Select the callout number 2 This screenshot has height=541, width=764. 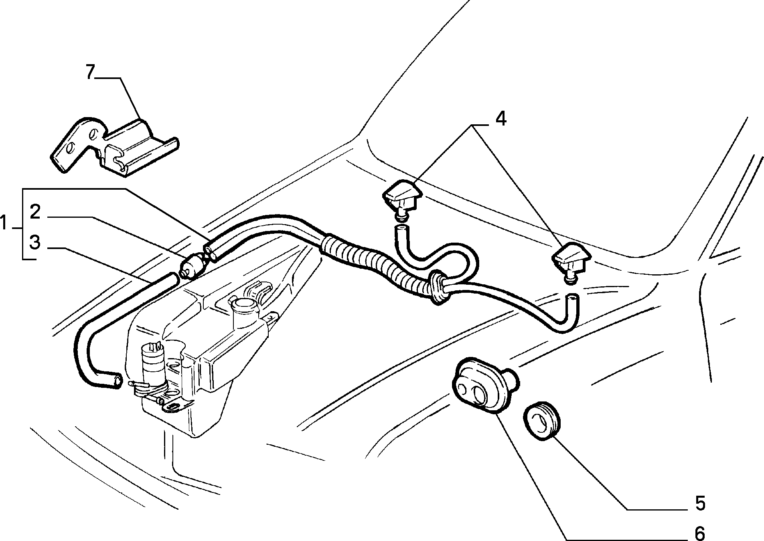[x=35, y=212]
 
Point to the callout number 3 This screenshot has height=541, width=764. [x=35, y=243]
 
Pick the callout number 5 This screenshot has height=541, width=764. [x=700, y=503]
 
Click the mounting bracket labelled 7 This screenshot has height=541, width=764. [x=114, y=146]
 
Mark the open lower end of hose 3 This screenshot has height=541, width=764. [x=117, y=381]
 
